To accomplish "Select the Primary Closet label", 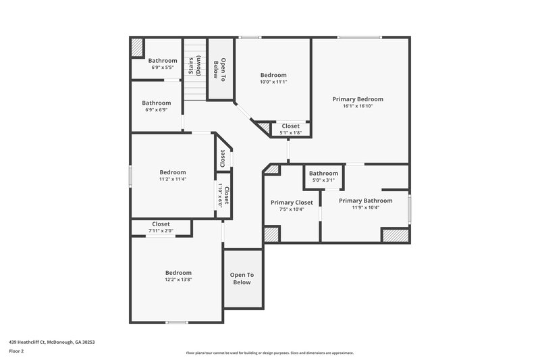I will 292,202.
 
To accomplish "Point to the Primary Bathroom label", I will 365,201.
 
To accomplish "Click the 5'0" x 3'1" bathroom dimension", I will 323,180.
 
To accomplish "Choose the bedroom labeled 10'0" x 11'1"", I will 273,82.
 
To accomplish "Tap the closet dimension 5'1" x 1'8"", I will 290,132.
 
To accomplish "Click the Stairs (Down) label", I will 195,70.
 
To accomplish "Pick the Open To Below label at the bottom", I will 242,278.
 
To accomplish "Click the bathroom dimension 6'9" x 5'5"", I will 162,68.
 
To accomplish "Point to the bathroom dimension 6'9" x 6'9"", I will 156,110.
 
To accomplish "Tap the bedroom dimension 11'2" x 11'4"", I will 172,180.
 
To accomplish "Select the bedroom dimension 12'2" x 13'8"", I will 178,280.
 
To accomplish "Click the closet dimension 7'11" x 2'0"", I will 161,231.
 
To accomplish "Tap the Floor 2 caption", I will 17,351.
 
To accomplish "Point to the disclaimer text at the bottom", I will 269,353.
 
